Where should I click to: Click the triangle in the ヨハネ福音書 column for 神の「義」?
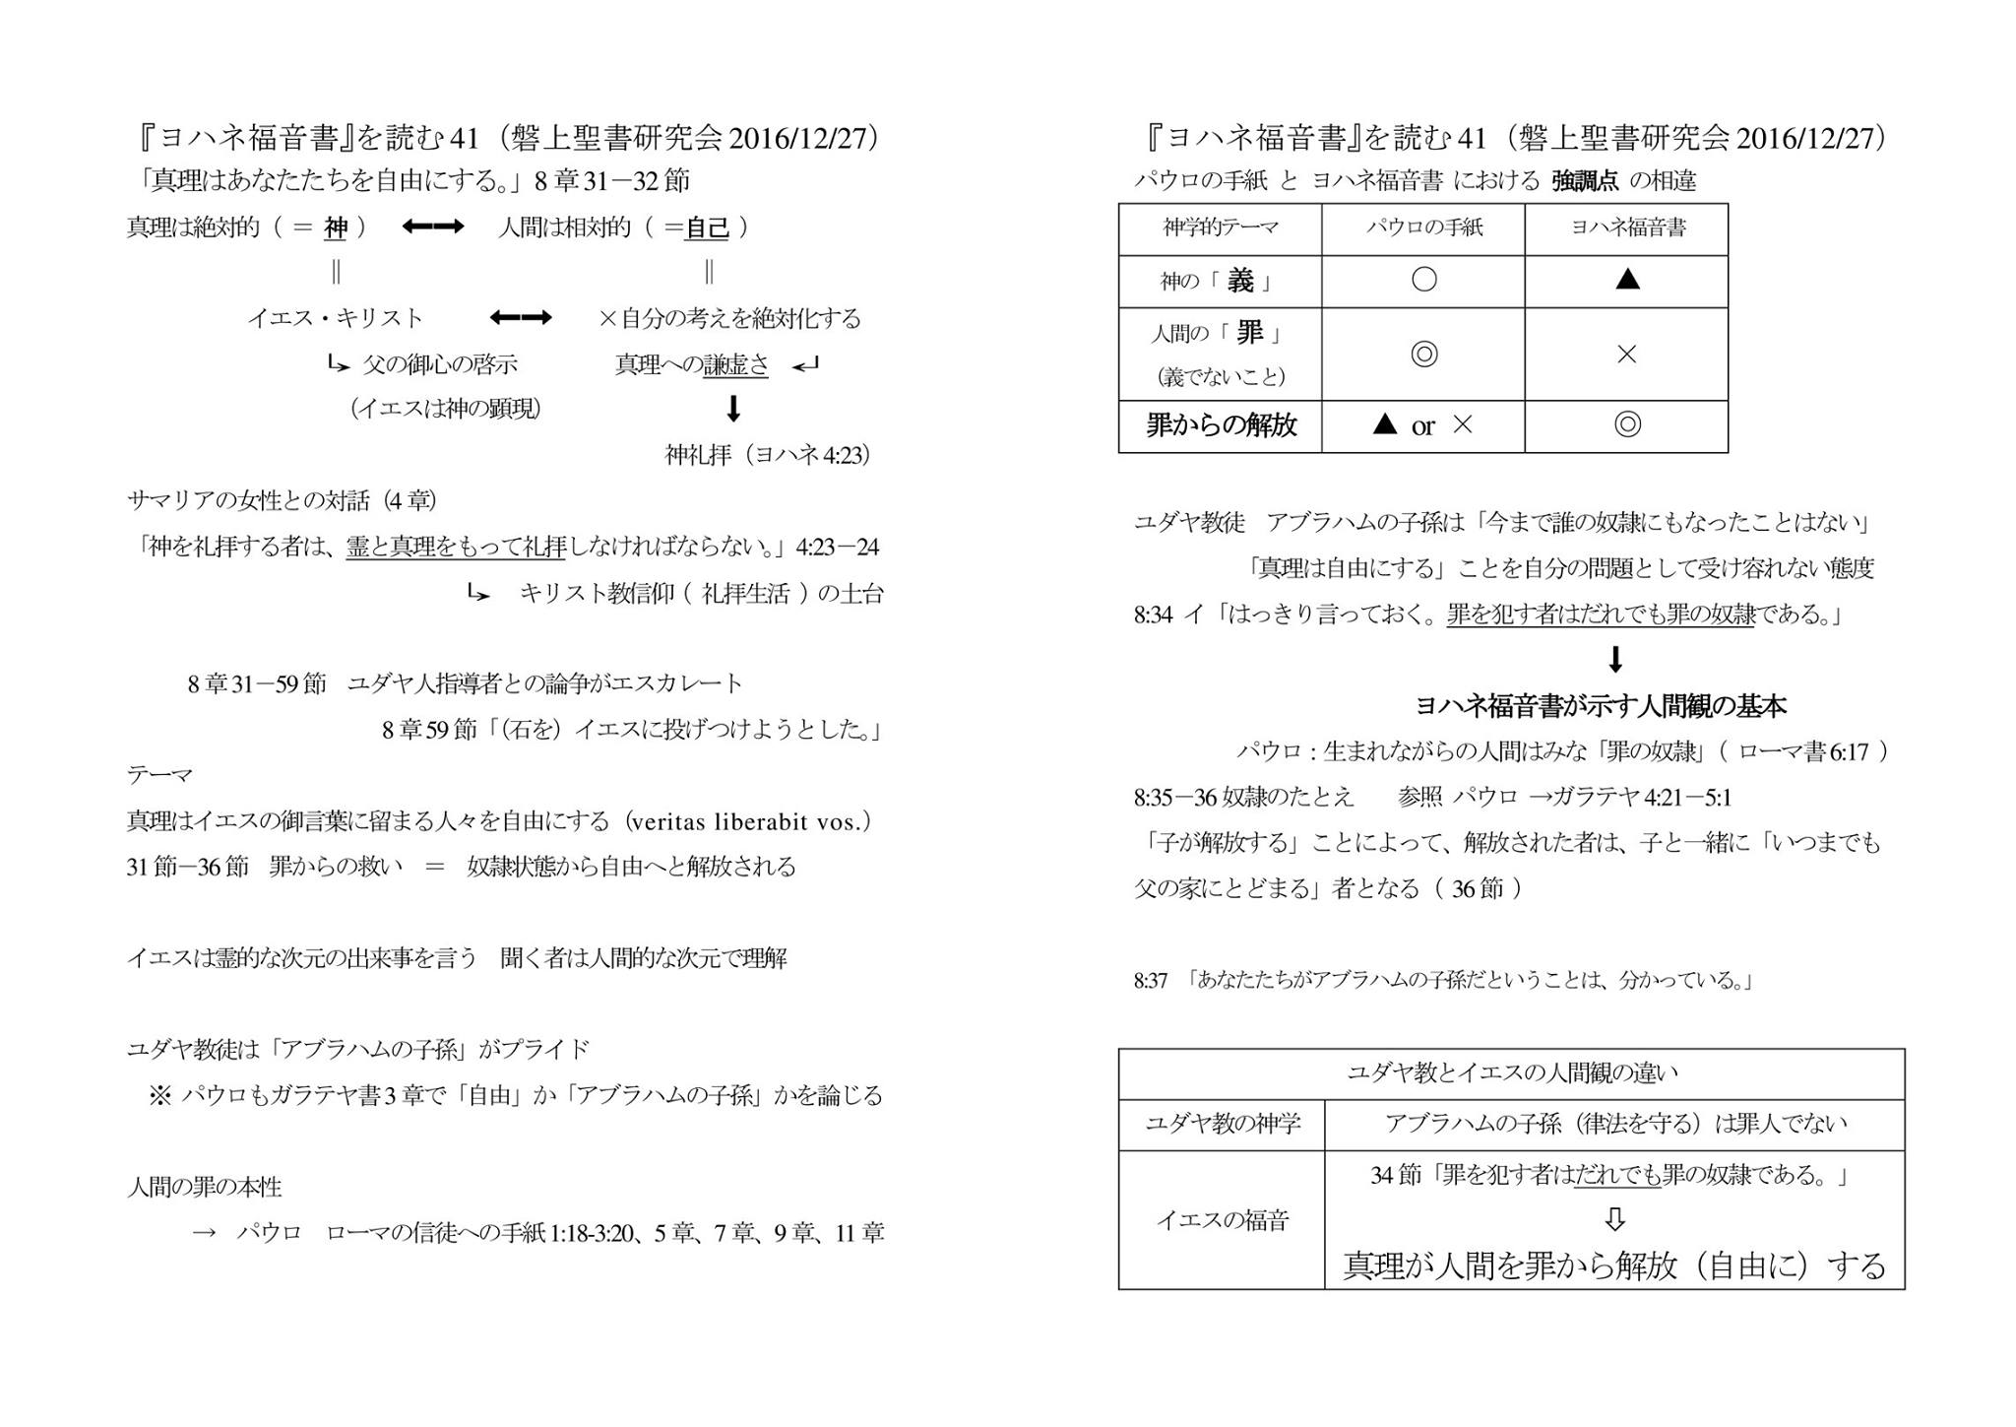pyautogui.click(x=1627, y=281)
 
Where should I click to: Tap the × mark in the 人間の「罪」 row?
pyautogui.click(x=1626, y=355)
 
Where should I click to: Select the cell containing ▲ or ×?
pyautogui.click(x=1422, y=425)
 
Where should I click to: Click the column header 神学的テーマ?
pyautogui.click(x=1220, y=227)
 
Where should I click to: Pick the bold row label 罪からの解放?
pyautogui.click(x=1221, y=425)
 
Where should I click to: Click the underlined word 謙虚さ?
pyautogui.click(x=736, y=364)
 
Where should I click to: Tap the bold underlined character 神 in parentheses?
pyautogui.click(x=336, y=228)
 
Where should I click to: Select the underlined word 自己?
pyautogui.click(x=707, y=228)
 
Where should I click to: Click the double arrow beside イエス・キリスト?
pyautogui.click(x=520, y=318)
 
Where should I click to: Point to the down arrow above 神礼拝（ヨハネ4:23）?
pyautogui.click(x=732, y=408)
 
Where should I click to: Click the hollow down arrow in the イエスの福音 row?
pyautogui.click(x=1614, y=1219)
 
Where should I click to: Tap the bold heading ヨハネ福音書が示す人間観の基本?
pyautogui.click(x=1600, y=705)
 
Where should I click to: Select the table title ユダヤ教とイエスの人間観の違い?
pyautogui.click(x=1511, y=1073)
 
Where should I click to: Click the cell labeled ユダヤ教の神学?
pyautogui.click(x=1222, y=1124)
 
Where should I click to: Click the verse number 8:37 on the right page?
pyautogui.click(x=1150, y=981)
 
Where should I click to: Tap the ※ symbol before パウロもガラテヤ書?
pyautogui.click(x=159, y=1095)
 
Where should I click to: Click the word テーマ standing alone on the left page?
pyautogui.click(x=159, y=776)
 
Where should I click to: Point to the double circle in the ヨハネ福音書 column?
pyautogui.click(x=1627, y=425)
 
